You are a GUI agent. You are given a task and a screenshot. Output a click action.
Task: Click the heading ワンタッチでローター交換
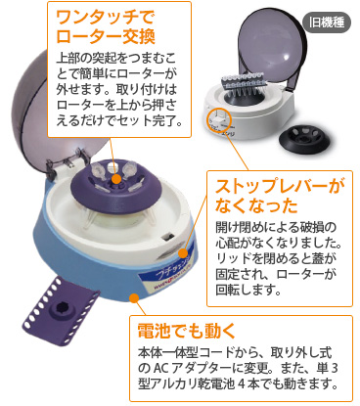click(106, 26)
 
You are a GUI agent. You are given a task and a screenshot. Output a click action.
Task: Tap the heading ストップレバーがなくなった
click(280, 196)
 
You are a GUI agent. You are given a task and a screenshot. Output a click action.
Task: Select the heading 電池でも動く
click(187, 331)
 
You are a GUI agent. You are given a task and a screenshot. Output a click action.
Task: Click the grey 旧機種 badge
click(326, 23)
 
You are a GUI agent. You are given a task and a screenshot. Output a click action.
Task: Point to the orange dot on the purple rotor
click(115, 178)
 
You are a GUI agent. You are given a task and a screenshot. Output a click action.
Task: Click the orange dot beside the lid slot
click(183, 253)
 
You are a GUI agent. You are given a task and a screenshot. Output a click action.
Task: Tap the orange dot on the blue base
click(134, 297)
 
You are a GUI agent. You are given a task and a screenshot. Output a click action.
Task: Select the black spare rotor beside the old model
click(305, 139)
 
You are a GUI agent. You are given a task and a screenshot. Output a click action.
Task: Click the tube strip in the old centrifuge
click(246, 81)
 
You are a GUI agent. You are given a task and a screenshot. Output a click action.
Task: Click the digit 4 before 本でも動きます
click(241, 383)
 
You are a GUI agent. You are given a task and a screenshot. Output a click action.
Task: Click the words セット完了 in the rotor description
click(151, 120)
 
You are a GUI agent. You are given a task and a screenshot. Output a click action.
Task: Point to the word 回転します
click(248, 290)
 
